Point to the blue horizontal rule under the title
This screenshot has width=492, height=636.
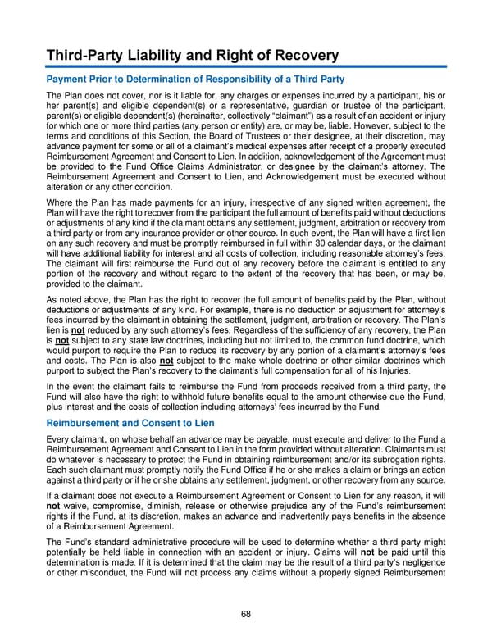pos(245,66)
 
